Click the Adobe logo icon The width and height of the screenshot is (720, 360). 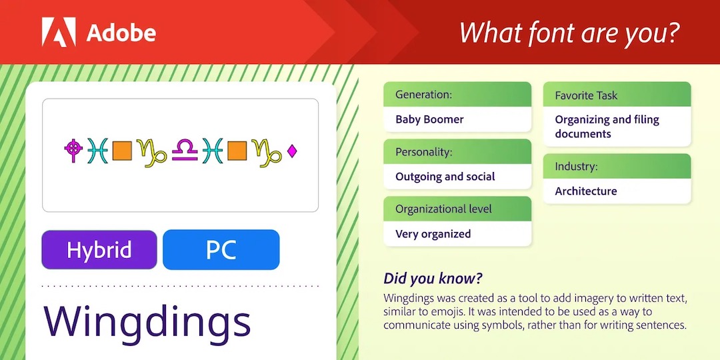tap(59, 32)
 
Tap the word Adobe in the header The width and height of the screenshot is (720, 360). tap(121, 33)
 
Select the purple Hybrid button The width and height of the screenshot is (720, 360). tap(99, 250)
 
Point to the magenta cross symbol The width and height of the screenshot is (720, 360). tap(73, 150)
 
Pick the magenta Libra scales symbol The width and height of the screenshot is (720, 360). tap(185, 151)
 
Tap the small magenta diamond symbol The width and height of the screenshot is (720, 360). tap(291, 151)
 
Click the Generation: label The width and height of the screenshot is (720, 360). tap(424, 95)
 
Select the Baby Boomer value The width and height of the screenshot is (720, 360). tap(429, 119)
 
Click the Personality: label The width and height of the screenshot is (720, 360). tap(424, 152)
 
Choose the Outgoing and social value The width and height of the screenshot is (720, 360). tap(445, 177)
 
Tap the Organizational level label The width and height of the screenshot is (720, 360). tap(443, 209)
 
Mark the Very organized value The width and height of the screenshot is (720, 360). tap(433, 234)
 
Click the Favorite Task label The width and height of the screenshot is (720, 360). tap(587, 95)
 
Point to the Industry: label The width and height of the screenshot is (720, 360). tap(576, 166)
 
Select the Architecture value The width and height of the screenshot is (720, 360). tap(586, 191)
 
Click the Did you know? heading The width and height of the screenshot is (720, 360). tap(433, 279)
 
